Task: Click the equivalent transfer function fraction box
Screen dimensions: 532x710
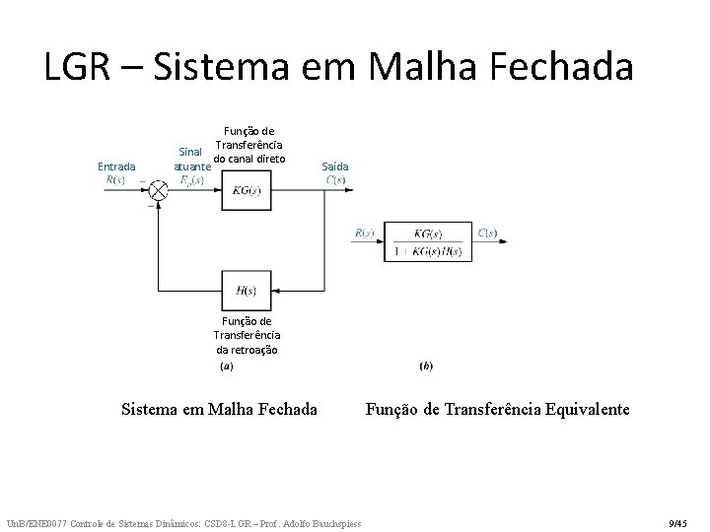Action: (428, 241)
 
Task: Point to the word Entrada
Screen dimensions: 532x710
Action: (117, 166)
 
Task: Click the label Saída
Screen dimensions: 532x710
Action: (335, 166)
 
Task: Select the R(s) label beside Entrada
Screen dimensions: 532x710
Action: (117, 179)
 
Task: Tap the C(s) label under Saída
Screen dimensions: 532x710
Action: (335, 179)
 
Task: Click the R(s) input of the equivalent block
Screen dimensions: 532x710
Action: (363, 233)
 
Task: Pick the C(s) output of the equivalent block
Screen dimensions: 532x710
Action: (488, 233)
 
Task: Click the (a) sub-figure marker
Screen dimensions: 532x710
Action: (226, 366)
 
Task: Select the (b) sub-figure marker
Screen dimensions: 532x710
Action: (426, 366)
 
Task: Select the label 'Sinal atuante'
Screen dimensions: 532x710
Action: (191, 161)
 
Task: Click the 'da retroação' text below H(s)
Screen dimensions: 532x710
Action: (248, 350)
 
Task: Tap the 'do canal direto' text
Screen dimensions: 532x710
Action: (249, 160)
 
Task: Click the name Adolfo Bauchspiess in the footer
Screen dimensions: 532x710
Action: (320, 522)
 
